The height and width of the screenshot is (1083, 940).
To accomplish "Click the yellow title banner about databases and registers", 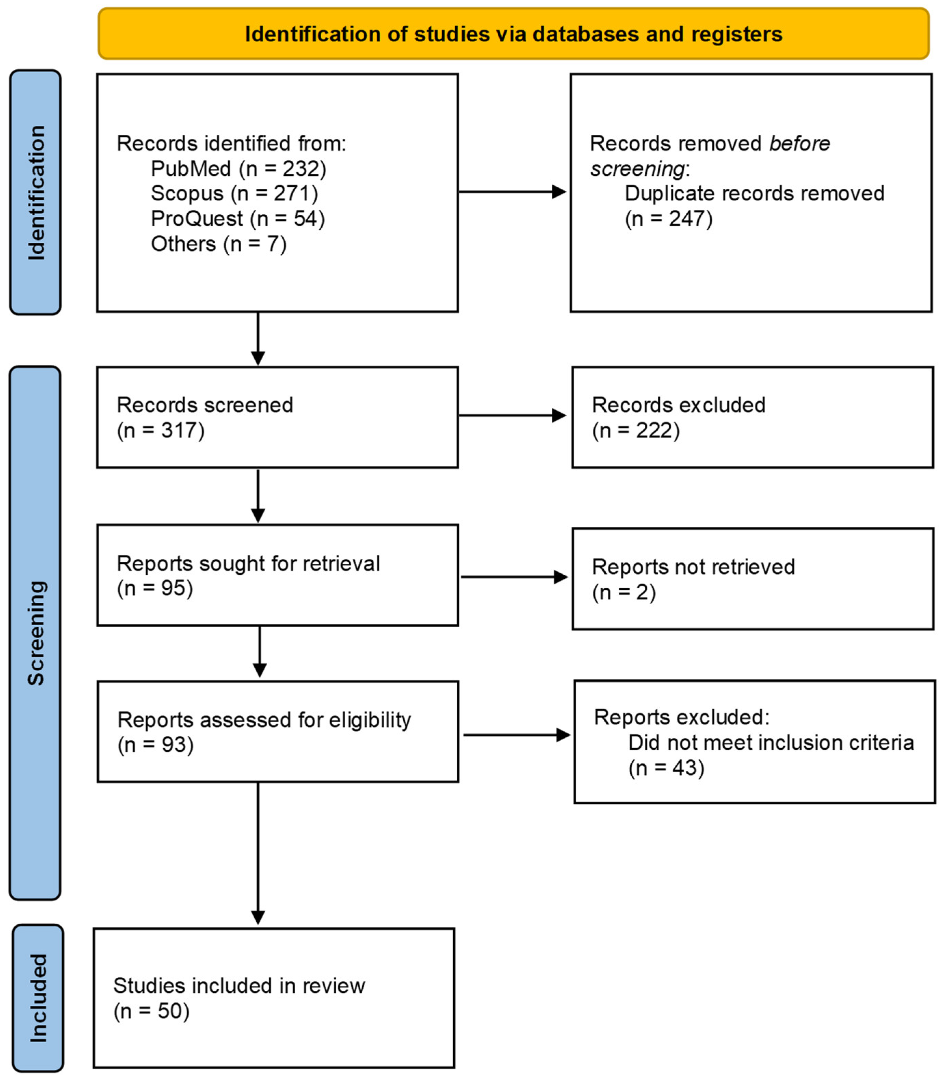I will click(513, 34).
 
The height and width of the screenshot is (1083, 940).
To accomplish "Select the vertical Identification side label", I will click(36, 192).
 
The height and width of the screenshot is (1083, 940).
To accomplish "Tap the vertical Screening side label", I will click(36, 633).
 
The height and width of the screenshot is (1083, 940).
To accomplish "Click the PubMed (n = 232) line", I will click(239, 169).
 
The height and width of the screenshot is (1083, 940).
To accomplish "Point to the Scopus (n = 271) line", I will click(234, 193).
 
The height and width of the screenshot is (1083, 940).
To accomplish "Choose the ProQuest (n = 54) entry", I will click(238, 219).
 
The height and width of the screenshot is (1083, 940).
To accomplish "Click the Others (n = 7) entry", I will click(219, 244).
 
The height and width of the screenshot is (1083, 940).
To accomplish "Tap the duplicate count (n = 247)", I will click(669, 219).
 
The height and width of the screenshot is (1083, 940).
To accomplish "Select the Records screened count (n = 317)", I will click(161, 430).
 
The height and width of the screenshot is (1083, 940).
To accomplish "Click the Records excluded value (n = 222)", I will click(636, 430).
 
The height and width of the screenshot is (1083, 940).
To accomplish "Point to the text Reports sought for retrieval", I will click(248, 563).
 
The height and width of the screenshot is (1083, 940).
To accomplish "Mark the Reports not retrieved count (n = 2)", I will click(624, 592).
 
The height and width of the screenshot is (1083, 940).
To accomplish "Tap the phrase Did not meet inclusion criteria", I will click(770, 743).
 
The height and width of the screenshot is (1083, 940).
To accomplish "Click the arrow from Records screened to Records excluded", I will click(511, 416).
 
